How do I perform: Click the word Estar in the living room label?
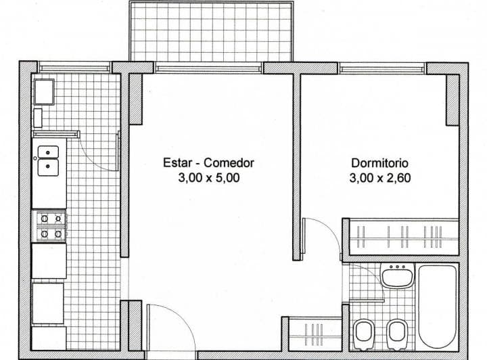[x=176, y=163]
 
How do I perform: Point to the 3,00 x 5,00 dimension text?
[x=209, y=179]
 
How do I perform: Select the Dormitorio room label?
[x=380, y=163]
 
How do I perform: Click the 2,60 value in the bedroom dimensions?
[x=398, y=179]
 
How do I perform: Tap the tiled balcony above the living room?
[x=211, y=31]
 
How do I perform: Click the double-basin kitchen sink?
[x=48, y=160]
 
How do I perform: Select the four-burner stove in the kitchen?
[x=50, y=226]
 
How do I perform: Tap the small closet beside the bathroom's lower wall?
[x=315, y=333]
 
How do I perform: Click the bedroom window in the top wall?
[x=382, y=68]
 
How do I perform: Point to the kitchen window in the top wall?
[x=74, y=67]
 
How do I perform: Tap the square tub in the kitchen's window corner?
[x=44, y=91]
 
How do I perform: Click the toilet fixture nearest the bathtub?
[x=396, y=332]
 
